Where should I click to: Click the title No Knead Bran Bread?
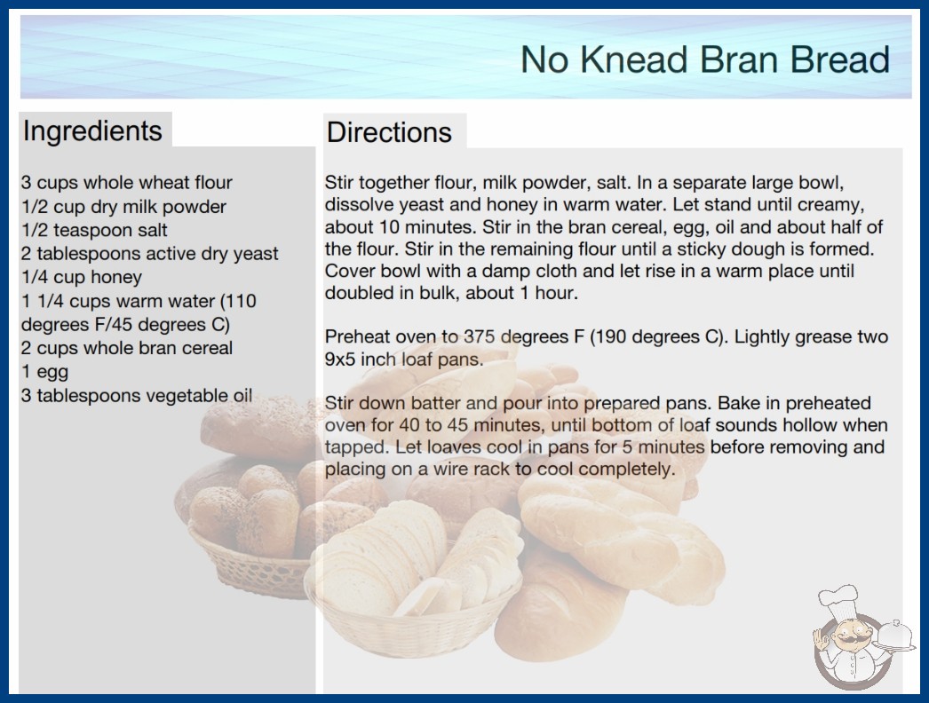pyautogui.click(x=705, y=59)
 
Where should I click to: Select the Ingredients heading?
pyautogui.click(x=92, y=130)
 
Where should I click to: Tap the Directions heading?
pyautogui.click(x=389, y=132)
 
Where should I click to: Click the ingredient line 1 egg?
pyautogui.click(x=45, y=372)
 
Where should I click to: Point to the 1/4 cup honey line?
pyautogui.click(x=82, y=277)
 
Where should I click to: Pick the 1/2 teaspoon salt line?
pyautogui.click(x=94, y=230)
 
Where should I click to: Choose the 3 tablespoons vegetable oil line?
pyautogui.click(x=137, y=396)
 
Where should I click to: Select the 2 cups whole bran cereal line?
pyautogui.click(x=127, y=348)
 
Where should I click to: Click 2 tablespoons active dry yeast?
pyautogui.click(x=150, y=254)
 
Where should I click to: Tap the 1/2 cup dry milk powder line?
pyautogui.click(x=123, y=207)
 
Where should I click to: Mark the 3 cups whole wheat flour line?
pyautogui.click(x=127, y=183)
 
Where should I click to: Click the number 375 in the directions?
pyautogui.click(x=480, y=336)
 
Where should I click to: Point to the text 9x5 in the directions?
pyautogui.click(x=340, y=359)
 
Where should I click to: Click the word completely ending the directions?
pyautogui.click(x=627, y=470)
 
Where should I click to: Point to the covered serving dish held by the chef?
pyautogui.click(x=894, y=636)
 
